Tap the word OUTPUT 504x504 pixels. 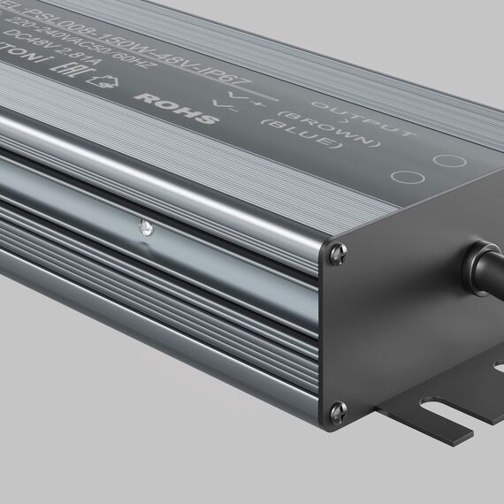pyautogui.click(x=376, y=120)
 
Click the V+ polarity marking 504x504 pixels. pyautogui.click(x=239, y=96)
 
